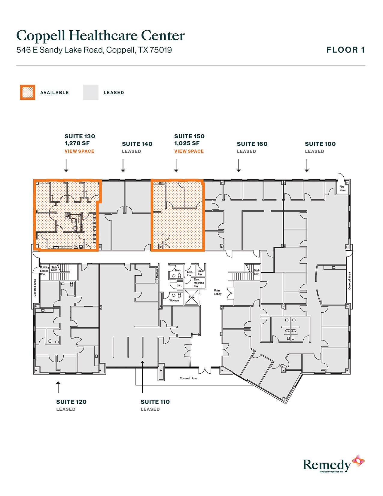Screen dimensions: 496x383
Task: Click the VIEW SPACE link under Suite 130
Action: (x=79, y=151)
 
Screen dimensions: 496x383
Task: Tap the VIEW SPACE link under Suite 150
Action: (x=189, y=151)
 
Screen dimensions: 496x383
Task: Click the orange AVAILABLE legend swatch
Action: (x=27, y=92)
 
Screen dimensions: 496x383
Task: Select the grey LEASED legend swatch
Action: (x=91, y=92)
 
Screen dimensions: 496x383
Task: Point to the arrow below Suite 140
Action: (x=123, y=166)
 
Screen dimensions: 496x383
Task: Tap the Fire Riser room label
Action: (x=342, y=188)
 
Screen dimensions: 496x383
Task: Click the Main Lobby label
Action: (x=217, y=292)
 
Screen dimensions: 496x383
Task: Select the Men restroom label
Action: (x=178, y=270)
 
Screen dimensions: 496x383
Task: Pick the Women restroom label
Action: (x=174, y=300)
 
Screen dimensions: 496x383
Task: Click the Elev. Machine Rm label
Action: (x=198, y=283)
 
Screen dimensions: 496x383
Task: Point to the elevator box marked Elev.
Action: (x=191, y=297)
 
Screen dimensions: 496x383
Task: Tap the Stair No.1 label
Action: (x=257, y=272)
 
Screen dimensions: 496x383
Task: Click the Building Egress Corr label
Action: (x=44, y=271)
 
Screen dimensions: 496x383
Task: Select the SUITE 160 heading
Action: (x=252, y=144)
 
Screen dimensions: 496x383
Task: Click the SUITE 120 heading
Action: (x=71, y=402)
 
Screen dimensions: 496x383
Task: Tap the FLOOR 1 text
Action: (x=345, y=50)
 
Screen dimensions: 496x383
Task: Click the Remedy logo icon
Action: (x=358, y=461)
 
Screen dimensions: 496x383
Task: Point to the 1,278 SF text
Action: (x=77, y=143)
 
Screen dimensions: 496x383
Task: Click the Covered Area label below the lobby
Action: (x=188, y=378)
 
